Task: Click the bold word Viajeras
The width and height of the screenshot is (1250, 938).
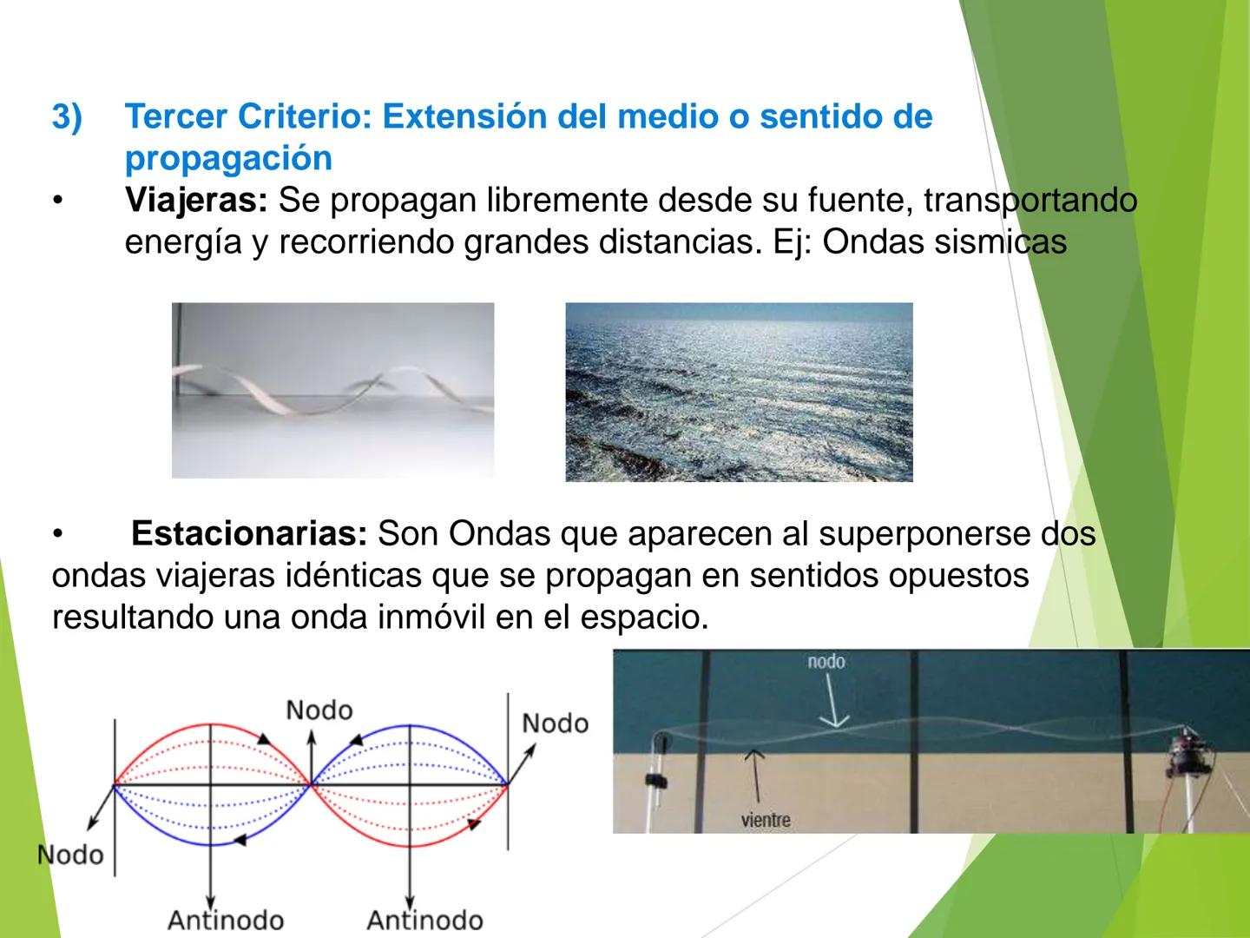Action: [x=196, y=201]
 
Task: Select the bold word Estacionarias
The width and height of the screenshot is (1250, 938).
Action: [x=250, y=533]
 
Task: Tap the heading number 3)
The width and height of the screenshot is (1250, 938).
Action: [x=67, y=116]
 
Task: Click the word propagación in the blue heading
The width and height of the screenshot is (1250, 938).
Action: [x=228, y=158]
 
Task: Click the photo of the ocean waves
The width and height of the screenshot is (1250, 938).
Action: [x=739, y=392]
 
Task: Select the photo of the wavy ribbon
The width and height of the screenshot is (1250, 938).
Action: [x=332, y=390]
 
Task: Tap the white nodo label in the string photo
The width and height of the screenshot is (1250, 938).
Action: [x=826, y=662]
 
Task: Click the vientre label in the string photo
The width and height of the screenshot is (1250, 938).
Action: [x=766, y=820]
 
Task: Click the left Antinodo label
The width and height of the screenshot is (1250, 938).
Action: [x=225, y=920]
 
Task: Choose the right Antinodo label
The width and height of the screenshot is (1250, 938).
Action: [x=424, y=920]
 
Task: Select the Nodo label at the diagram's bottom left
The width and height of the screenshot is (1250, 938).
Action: [x=70, y=855]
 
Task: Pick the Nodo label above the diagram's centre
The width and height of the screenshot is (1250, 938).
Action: [x=319, y=710]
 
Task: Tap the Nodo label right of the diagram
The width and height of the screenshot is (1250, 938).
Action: [x=555, y=723]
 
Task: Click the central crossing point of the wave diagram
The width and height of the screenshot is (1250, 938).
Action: [x=311, y=784]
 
